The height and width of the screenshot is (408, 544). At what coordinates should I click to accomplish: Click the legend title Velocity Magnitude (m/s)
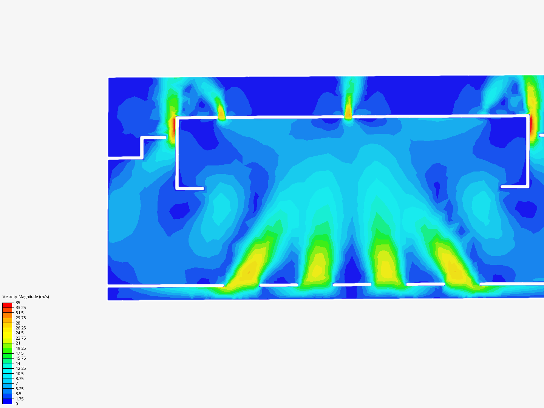point(26,297)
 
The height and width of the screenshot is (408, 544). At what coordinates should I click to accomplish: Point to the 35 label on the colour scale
point(18,303)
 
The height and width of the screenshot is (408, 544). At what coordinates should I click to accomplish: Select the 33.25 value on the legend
point(20,308)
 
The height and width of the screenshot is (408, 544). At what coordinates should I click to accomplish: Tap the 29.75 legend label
point(20,318)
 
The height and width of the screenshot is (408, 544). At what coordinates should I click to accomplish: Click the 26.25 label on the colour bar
point(20,328)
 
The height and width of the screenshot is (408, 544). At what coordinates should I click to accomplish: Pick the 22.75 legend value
point(20,338)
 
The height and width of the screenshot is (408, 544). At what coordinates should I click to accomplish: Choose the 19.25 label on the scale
point(20,348)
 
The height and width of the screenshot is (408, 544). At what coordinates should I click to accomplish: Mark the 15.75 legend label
point(20,358)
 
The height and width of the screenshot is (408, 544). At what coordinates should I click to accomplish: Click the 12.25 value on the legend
point(20,368)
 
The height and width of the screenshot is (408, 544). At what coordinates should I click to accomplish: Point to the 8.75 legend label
point(20,379)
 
